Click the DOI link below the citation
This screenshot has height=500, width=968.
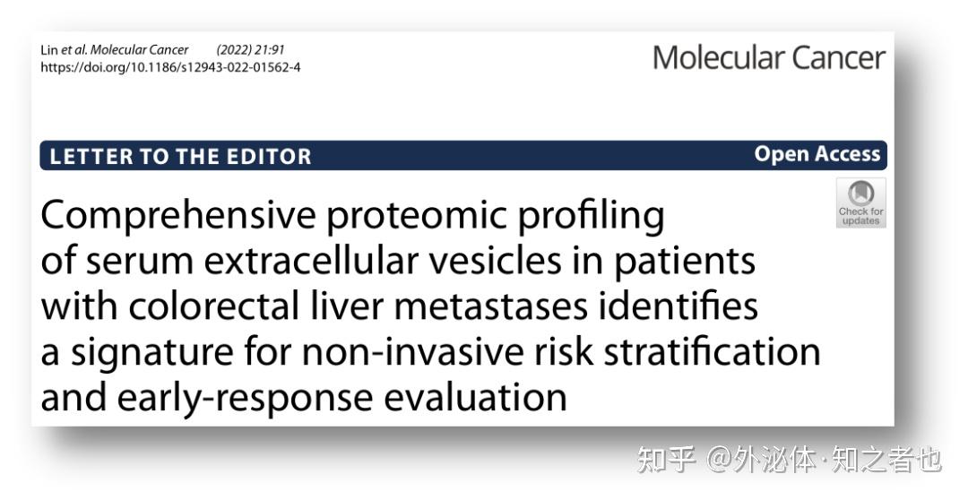pyautogui.click(x=170, y=67)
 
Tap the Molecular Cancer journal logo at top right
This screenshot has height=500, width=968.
pyautogui.click(x=768, y=57)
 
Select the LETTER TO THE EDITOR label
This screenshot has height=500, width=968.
pyautogui.click(x=180, y=157)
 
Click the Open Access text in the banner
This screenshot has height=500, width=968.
pyautogui.click(x=817, y=154)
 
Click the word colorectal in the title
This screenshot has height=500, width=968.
pyautogui.click(x=212, y=306)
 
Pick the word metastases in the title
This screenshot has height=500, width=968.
pyautogui.click(x=489, y=306)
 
